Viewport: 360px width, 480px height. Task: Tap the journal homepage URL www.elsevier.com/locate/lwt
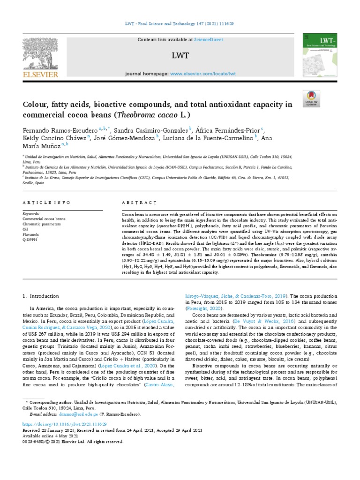202,74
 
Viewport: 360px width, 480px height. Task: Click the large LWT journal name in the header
180,56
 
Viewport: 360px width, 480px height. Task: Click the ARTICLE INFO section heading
47,202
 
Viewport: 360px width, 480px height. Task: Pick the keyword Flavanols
31,233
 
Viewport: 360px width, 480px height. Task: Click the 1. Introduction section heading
41,296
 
